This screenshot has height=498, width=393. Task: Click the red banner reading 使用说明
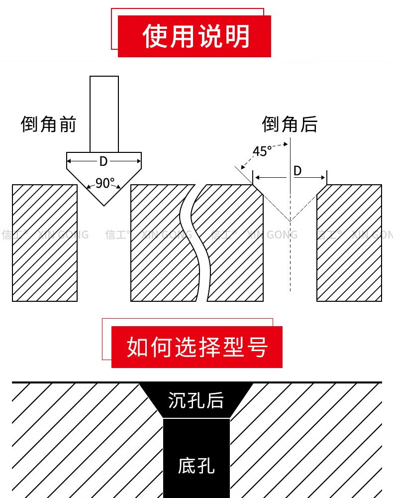pyautogui.click(x=194, y=36)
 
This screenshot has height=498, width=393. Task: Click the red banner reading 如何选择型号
pyautogui.click(x=197, y=347)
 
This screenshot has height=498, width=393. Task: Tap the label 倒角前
pyautogui.click(x=48, y=124)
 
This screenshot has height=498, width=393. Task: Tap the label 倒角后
pyautogui.click(x=290, y=124)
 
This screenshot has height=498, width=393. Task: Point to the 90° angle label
pyautogui.click(x=105, y=183)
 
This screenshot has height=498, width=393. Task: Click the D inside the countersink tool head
pyautogui.click(x=103, y=161)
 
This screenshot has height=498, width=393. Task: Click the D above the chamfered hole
pyautogui.click(x=297, y=171)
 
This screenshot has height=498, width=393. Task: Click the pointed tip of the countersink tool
pyautogui.click(x=104, y=205)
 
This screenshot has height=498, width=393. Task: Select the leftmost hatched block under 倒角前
pyautogui.click(x=45, y=243)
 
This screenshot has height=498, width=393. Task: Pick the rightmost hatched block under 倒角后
pyautogui.click(x=349, y=243)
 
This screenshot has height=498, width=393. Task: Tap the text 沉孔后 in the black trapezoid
pyautogui.click(x=196, y=400)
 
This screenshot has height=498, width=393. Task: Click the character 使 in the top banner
pyautogui.click(x=155, y=36)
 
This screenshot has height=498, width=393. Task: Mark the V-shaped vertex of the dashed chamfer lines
pyautogui.click(x=290, y=221)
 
